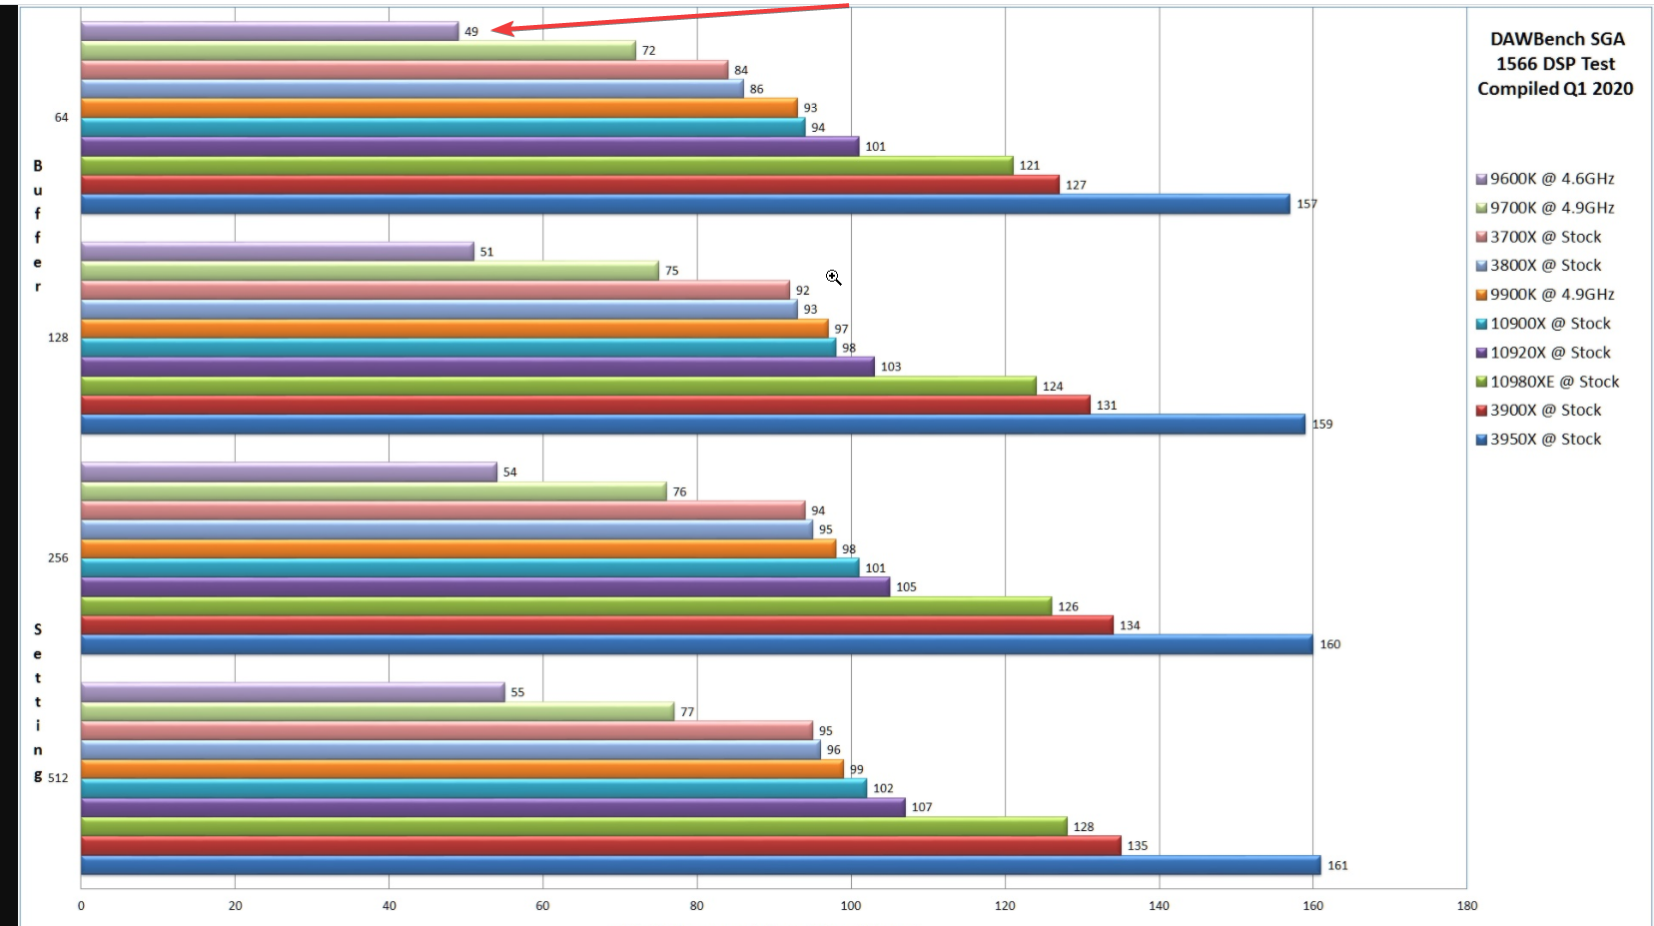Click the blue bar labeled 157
684,204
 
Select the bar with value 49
270,31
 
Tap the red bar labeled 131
584,405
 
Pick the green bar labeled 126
565,606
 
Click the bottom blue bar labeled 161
699,865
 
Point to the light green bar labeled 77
378,711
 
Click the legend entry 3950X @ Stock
1545,439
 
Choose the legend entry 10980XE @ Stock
1554,382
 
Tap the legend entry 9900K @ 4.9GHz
1551,295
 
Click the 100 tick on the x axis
851,905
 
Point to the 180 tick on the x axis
1466,905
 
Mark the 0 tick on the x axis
81,905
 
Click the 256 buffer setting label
58,557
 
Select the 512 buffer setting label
58,777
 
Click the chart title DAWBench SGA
1556,40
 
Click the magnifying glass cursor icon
834,278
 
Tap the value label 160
1329,644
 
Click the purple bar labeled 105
484,586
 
